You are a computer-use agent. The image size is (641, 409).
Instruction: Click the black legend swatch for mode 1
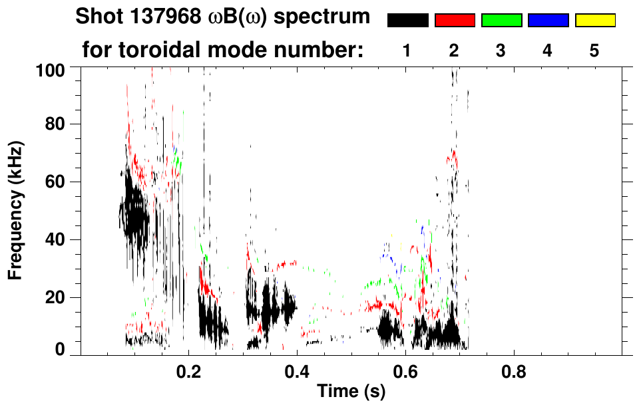(407, 21)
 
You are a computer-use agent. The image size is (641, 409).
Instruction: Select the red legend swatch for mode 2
(455, 21)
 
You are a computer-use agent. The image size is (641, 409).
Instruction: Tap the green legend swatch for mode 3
(501, 21)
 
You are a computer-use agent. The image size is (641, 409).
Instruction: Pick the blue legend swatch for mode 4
(548, 21)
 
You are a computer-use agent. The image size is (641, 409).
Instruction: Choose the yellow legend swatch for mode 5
(595, 21)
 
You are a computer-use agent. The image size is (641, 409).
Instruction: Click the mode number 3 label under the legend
(501, 52)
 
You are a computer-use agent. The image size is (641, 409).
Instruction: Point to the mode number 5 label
(594, 52)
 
